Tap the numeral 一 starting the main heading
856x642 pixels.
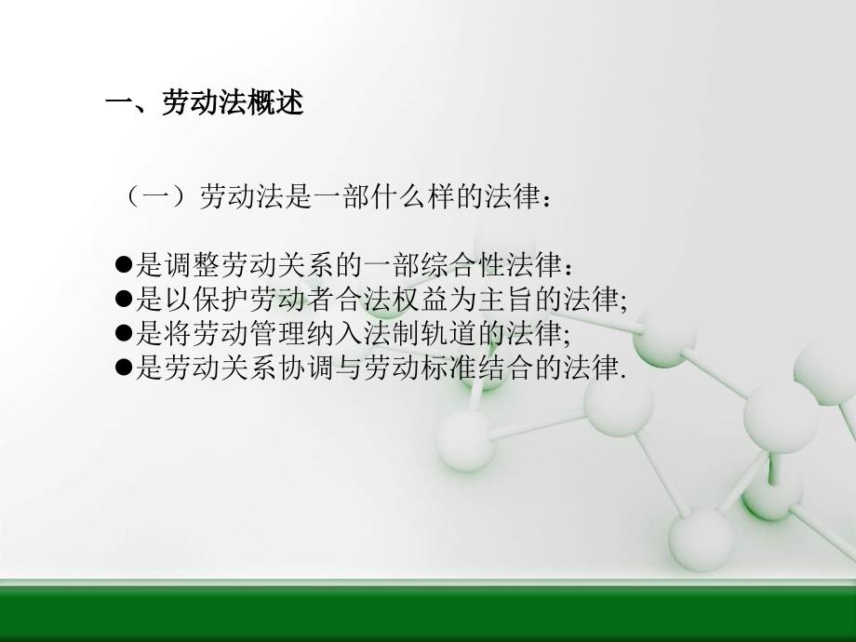click(119, 102)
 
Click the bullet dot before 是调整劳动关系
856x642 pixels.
click(125, 265)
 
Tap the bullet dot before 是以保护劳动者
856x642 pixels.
click(125, 299)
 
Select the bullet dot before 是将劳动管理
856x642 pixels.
click(125, 332)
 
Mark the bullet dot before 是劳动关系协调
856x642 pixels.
click(125, 367)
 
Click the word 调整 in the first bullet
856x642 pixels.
click(193, 265)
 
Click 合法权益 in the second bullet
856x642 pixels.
click(392, 299)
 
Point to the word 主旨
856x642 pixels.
click(505, 299)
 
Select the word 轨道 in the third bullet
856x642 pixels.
click(448, 332)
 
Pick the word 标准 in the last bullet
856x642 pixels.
click(448, 367)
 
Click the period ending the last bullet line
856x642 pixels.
click(622, 377)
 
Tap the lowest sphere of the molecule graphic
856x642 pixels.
click(701, 539)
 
